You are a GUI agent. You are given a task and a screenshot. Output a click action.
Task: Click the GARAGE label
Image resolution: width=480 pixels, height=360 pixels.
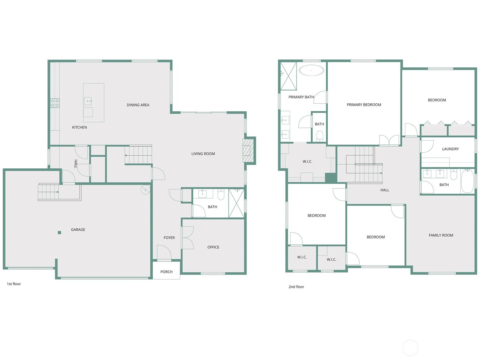(78, 229)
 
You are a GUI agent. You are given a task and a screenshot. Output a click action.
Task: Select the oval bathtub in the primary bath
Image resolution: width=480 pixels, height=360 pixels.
(312, 70)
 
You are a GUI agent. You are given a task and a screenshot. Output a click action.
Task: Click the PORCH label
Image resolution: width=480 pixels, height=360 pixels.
(166, 272)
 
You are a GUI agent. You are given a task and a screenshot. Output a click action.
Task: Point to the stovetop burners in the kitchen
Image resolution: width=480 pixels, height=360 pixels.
(55, 103)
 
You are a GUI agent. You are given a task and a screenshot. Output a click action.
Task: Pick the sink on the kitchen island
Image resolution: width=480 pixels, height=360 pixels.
(88, 101)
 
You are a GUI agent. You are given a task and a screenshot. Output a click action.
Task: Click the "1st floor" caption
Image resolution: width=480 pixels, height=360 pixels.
(14, 284)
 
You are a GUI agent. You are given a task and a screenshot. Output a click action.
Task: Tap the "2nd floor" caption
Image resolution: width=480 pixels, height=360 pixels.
(296, 287)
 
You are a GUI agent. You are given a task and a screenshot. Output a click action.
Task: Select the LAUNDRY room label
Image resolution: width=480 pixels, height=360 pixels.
(450, 149)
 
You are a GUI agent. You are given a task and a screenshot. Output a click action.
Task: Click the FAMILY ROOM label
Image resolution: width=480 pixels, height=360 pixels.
(441, 235)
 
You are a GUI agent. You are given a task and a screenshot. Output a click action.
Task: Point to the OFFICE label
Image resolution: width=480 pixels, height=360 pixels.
(213, 247)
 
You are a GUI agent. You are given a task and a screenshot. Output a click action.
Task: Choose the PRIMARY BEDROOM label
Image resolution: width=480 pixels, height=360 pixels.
(364, 105)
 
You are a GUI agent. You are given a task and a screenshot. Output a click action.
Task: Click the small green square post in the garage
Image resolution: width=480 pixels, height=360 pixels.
(59, 232)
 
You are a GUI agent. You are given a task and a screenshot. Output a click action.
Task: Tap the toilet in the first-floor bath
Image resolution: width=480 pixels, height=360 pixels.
(221, 194)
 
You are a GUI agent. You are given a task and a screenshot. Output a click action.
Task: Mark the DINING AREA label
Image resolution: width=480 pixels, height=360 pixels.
(138, 105)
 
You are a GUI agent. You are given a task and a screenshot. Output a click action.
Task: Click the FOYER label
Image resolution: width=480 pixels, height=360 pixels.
(169, 238)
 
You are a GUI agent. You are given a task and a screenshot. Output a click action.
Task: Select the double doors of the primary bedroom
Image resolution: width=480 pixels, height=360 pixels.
(389, 140)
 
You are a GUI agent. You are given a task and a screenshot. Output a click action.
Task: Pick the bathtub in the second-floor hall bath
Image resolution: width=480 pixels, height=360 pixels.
(467, 181)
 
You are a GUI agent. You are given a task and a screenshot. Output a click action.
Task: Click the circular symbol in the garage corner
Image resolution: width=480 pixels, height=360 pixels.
(145, 189)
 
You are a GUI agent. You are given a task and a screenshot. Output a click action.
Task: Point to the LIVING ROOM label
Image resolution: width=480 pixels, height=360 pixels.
(203, 154)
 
